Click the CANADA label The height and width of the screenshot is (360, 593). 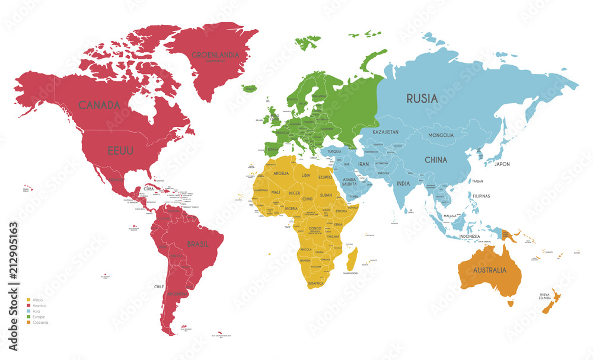[100, 105]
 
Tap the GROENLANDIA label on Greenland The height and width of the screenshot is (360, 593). [215, 55]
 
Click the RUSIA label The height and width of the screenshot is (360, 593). [422, 98]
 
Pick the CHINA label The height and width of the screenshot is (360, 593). [435, 159]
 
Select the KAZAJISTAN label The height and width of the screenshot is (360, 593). [385, 132]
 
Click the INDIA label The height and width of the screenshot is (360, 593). [403, 184]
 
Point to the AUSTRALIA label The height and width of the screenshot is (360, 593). [489, 270]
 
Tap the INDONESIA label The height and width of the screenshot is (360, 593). [469, 237]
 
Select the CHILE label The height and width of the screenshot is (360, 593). [159, 286]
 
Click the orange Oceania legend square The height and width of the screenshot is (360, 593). [29, 323]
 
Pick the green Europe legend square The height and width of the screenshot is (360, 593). [29, 317]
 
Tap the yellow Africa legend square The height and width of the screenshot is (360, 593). [29, 300]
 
